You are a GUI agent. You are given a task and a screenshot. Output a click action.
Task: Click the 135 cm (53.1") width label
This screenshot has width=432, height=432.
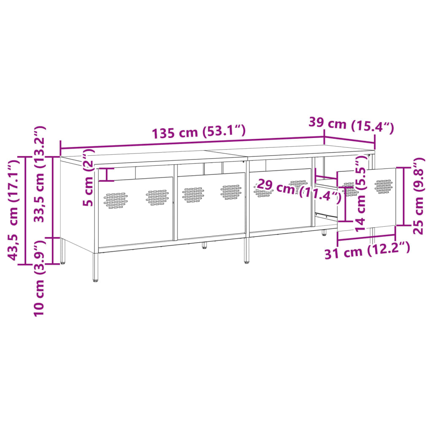pyautogui.click(x=198, y=132)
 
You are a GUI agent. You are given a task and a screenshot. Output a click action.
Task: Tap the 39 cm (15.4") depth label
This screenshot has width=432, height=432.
pyautogui.click(x=351, y=124)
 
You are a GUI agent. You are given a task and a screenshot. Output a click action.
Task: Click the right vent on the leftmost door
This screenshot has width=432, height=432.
pyautogui.click(x=157, y=197)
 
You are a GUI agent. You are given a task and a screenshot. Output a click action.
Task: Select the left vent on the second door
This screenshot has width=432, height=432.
pyautogui.click(x=193, y=194)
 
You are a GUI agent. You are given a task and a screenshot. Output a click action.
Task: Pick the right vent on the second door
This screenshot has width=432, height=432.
pyautogui.click(x=231, y=192)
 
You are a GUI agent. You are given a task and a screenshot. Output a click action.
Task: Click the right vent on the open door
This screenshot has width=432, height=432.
pyautogui.click(x=383, y=186)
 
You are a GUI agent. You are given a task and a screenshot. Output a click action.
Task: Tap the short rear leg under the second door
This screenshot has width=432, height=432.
pyautogui.click(x=205, y=245)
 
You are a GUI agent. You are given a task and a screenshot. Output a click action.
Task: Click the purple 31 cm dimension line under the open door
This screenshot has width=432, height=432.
pyautogui.click(x=366, y=239)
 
